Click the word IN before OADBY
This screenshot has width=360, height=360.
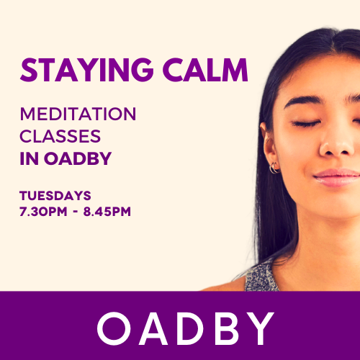[28, 158]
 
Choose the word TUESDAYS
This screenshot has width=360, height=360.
[55, 195]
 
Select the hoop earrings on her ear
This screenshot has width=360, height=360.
[274, 168]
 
